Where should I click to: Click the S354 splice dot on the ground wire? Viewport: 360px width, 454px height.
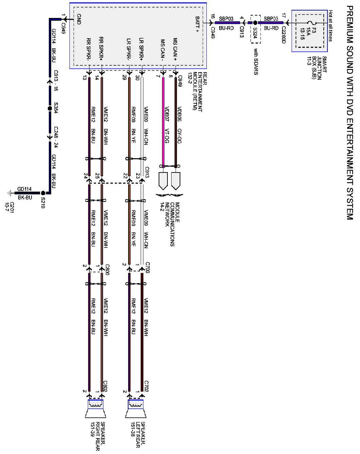coord(50,109)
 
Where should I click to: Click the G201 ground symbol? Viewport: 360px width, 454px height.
coord(9,193)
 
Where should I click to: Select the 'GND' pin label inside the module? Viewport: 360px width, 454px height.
coord(79,19)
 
